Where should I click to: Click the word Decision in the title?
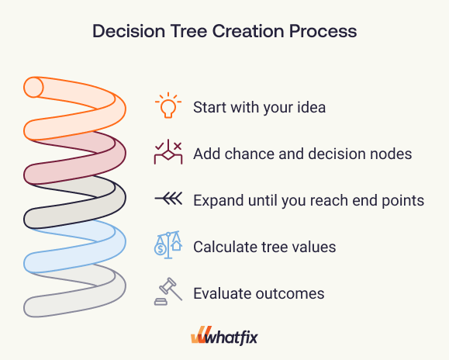click(129, 31)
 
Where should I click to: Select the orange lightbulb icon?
click(168, 106)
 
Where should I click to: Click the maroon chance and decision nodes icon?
click(168, 152)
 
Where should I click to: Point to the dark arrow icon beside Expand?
click(168, 199)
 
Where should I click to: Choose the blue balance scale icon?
click(168, 245)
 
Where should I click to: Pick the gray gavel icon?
click(168, 291)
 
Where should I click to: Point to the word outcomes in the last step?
click(290, 293)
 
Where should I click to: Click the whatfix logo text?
click(231, 337)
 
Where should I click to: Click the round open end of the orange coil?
click(33, 87)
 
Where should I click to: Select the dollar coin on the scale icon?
click(160, 249)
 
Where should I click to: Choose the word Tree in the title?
click(188, 31)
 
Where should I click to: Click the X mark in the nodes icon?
click(178, 146)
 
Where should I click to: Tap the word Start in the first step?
click(209, 107)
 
